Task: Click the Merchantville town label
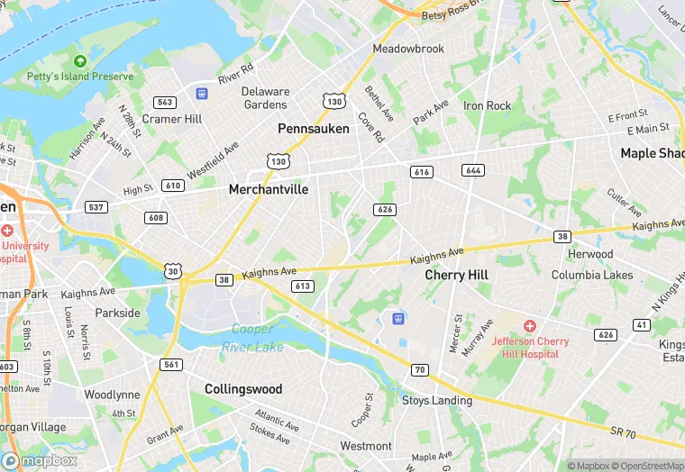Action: click(x=269, y=189)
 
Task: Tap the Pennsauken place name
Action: click(x=313, y=129)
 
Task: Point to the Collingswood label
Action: click(x=243, y=389)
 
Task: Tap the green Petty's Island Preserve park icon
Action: click(x=80, y=60)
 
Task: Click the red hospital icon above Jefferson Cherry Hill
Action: click(x=530, y=324)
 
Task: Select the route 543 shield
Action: click(x=165, y=103)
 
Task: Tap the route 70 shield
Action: click(x=419, y=369)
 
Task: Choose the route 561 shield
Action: click(x=171, y=365)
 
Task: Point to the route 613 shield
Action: click(x=302, y=286)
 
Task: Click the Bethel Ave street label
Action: click(x=379, y=104)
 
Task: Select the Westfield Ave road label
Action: click(x=213, y=159)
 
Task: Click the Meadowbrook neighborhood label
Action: click(x=408, y=49)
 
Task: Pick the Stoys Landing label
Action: click(x=436, y=400)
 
